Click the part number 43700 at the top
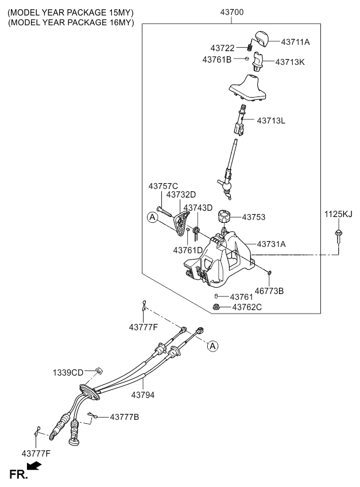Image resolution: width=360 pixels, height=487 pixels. point(231,11)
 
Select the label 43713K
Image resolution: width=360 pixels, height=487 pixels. point(290,62)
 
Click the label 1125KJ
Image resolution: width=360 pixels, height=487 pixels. point(338,215)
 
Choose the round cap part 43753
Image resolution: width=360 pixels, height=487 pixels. point(224,218)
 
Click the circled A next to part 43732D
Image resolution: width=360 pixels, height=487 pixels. point(152,217)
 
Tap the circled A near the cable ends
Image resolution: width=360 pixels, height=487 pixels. point(212,346)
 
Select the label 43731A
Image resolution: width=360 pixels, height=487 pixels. point(271,244)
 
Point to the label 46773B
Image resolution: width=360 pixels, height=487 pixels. point(269,291)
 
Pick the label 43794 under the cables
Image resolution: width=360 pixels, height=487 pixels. point(143,395)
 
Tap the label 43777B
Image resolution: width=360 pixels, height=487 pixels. point(124,416)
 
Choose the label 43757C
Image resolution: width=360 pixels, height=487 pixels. point(164,186)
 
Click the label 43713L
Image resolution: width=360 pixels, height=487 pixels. point(272,121)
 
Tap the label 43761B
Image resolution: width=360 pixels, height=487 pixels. point(217,59)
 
